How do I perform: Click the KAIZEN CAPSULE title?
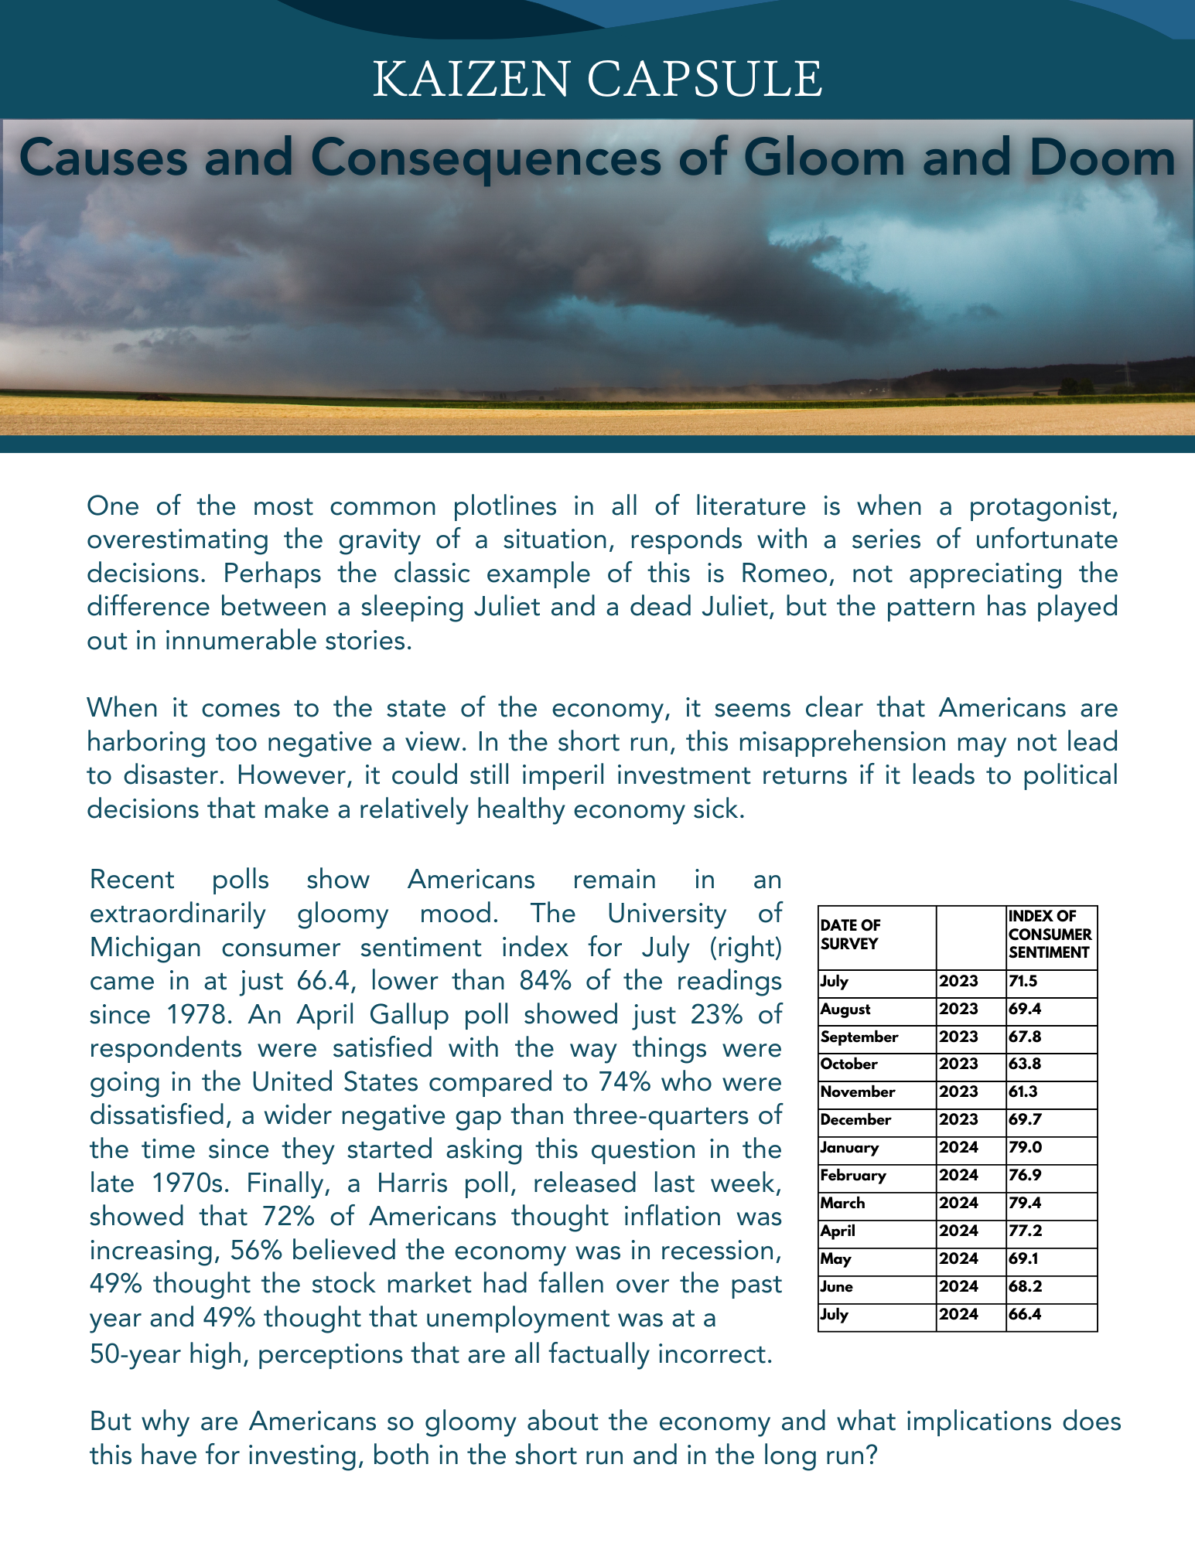(597, 79)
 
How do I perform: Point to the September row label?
(859, 1037)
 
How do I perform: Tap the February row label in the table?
(853, 1176)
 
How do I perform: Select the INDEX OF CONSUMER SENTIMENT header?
(1050, 935)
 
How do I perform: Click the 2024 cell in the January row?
(958, 1148)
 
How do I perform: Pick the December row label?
(855, 1120)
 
